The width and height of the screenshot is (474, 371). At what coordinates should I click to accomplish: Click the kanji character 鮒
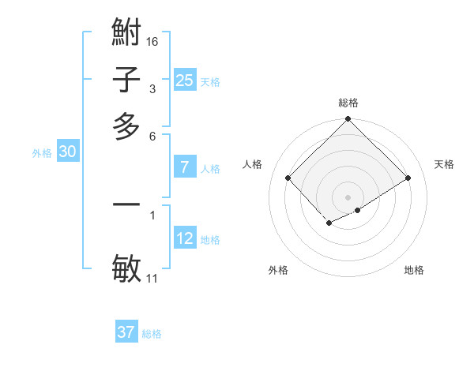click(127, 33)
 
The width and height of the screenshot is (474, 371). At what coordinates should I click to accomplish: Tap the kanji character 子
click(127, 80)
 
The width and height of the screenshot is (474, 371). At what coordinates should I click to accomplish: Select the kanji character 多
click(127, 126)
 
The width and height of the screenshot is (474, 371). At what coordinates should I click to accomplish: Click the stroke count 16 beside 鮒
click(153, 41)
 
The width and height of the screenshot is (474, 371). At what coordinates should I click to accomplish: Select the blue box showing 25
click(184, 81)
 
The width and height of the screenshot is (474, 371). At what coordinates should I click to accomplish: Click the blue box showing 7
click(184, 167)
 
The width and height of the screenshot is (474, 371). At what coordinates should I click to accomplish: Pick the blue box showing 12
click(184, 238)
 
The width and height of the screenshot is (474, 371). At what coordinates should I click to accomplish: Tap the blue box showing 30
click(67, 153)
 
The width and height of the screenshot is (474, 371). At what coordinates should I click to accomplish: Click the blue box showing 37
click(126, 332)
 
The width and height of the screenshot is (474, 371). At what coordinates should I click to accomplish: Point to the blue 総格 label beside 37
click(152, 334)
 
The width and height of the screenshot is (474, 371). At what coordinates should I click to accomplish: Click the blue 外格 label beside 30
click(42, 154)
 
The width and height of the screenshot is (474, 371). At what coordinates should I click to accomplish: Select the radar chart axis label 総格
click(348, 103)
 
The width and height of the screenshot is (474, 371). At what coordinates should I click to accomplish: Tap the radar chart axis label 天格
click(445, 164)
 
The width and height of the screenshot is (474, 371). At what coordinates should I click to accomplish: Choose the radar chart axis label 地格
click(414, 270)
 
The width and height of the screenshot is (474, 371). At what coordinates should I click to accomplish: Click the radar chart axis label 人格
click(253, 164)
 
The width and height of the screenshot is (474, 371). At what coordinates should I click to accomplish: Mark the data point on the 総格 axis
click(348, 120)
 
